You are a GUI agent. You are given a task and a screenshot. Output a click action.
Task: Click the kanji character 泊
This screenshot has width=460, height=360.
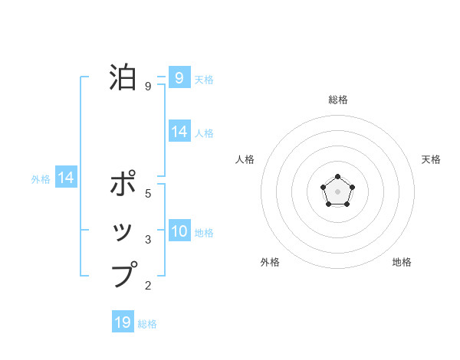click(123, 77)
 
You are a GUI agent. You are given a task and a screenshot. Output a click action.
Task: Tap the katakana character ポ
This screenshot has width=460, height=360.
click(123, 185)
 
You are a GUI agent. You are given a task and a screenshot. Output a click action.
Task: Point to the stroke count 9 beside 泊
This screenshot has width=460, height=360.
click(147, 87)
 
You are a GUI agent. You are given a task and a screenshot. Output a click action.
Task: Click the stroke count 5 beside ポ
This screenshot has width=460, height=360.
click(148, 194)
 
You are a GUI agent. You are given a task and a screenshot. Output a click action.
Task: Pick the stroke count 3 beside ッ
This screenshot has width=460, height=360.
click(148, 240)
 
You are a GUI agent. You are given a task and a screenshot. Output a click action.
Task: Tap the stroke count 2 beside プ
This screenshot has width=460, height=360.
click(148, 286)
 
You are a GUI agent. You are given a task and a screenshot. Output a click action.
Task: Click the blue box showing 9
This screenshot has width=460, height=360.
click(179, 77)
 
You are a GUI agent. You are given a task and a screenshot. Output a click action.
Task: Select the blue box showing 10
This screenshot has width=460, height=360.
click(179, 231)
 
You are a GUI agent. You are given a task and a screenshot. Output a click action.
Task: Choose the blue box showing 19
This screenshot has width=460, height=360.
click(123, 322)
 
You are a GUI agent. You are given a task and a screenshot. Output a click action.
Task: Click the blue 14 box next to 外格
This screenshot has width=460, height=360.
click(66, 178)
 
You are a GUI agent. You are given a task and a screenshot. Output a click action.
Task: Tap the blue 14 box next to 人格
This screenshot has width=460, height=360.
click(179, 132)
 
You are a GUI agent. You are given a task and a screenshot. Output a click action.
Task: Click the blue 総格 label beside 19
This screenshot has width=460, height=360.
click(147, 324)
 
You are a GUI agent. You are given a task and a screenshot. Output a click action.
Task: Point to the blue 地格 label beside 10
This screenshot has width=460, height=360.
click(204, 232)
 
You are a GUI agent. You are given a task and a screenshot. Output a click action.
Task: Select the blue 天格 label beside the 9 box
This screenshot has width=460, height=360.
click(204, 79)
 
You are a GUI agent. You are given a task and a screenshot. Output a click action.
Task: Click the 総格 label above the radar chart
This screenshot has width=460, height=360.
click(337, 100)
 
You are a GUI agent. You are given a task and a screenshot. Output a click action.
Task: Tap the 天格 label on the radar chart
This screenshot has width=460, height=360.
click(431, 159)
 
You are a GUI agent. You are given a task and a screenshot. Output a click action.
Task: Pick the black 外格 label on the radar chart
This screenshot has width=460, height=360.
click(270, 262)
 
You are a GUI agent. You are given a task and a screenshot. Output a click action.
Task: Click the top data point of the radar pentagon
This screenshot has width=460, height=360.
click(337, 178)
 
